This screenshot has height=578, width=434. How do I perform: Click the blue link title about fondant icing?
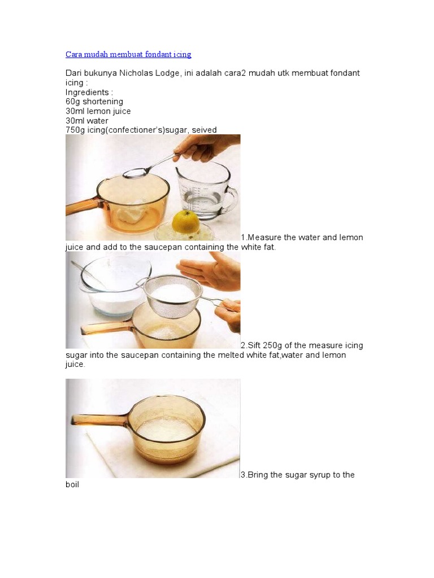[x=128, y=55]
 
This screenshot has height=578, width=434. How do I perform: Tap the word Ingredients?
[x=87, y=93]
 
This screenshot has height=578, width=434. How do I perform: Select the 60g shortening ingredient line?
[x=94, y=102]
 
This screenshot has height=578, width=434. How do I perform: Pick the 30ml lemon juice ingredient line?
[x=98, y=111]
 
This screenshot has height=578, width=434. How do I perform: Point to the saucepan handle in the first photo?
[x=83, y=207]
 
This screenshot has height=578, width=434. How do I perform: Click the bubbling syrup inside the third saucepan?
[x=166, y=432]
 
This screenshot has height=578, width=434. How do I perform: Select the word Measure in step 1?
[x=264, y=238]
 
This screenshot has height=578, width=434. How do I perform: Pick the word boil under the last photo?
[x=72, y=484]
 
